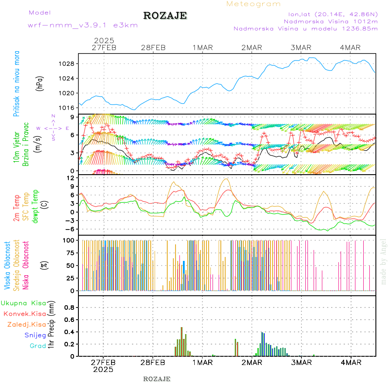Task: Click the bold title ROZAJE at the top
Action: click(x=165, y=16)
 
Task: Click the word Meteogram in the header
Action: click(x=253, y=4)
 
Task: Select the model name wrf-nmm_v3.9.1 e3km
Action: click(x=83, y=25)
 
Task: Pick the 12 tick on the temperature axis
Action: click(x=69, y=178)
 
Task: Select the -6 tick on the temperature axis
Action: click(x=69, y=229)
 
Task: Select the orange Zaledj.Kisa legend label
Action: click(x=27, y=324)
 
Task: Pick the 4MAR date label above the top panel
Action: click(x=350, y=47)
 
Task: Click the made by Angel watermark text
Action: click(x=384, y=261)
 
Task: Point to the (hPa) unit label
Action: click(x=41, y=83)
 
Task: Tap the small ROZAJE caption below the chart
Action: click(x=157, y=379)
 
